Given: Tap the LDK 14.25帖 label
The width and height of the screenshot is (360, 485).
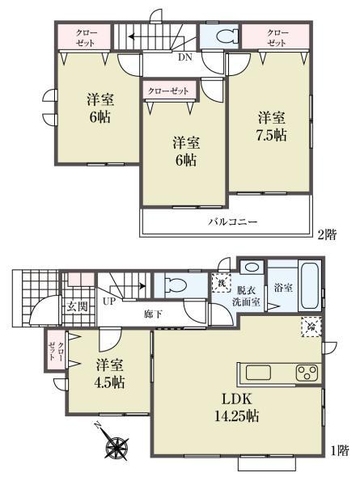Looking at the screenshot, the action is pyautogui.click(x=237, y=407).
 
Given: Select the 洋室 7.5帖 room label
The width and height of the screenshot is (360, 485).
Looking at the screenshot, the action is pyautogui.click(x=272, y=127).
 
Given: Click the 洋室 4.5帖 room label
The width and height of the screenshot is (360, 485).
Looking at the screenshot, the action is pyautogui.click(x=109, y=373).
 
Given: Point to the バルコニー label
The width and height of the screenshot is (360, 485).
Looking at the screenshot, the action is pyautogui.click(x=233, y=221).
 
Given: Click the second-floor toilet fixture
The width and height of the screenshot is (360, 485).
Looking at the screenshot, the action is pyautogui.click(x=227, y=36).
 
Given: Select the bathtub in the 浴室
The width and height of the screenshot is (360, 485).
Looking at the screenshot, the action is pyautogui.click(x=310, y=285).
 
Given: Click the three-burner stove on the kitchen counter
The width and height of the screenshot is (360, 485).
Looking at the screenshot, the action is pyautogui.click(x=307, y=373).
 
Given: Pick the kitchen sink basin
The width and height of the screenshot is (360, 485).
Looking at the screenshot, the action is pyautogui.click(x=258, y=373).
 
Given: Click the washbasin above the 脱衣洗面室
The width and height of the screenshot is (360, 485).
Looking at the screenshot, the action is pyautogui.click(x=252, y=267).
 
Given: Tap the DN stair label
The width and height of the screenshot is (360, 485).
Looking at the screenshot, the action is pyautogui.click(x=185, y=57).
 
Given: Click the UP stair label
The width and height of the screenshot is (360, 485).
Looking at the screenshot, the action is pyautogui.click(x=108, y=301).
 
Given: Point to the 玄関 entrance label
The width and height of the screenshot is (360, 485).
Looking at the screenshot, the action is pyautogui.click(x=78, y=306).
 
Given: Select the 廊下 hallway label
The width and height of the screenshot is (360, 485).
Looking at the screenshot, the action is pyautogui.click(x=153, y=314).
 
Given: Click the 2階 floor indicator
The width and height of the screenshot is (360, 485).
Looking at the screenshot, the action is pyautogui.click(x=327, y=234).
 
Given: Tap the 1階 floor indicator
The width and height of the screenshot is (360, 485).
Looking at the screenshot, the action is pyautogui.click(x=340, y=450).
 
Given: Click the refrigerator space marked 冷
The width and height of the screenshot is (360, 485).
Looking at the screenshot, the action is pyautogui.click(x=311, y=327).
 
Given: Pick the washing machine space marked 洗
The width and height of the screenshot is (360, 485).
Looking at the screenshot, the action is pyautogui.click(x=221, y=283).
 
